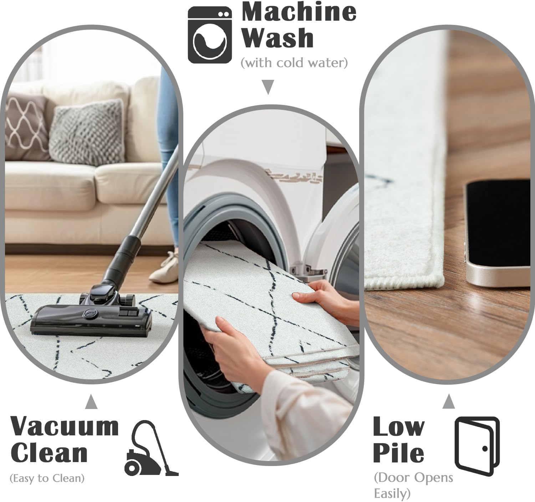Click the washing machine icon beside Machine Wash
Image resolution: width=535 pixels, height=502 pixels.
coord(210,35)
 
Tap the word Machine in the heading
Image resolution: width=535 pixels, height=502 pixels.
coord(299,12)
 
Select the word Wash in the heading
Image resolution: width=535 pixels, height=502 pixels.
coord(278,38)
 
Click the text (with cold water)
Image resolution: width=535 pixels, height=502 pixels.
coord(294,63)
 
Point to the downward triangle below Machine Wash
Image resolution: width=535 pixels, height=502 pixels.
coord(268,87)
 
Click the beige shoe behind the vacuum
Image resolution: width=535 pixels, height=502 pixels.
coord(164,266)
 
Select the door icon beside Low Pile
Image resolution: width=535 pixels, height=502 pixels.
coord(477,446)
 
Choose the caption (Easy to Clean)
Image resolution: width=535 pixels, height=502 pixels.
coord(47,478)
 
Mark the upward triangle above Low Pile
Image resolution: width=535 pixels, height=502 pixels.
coord(449,401)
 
